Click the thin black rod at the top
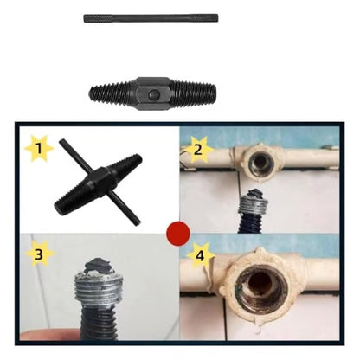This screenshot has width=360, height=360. (151, 17)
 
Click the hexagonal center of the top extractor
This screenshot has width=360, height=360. (151, 91)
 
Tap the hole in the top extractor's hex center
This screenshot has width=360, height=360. (153, 92)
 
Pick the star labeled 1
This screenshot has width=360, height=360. (38, 149)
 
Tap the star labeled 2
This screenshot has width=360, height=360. (197, 149)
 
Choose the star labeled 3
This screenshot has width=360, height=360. (37, 255)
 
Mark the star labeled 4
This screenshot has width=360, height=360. (199, 255)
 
